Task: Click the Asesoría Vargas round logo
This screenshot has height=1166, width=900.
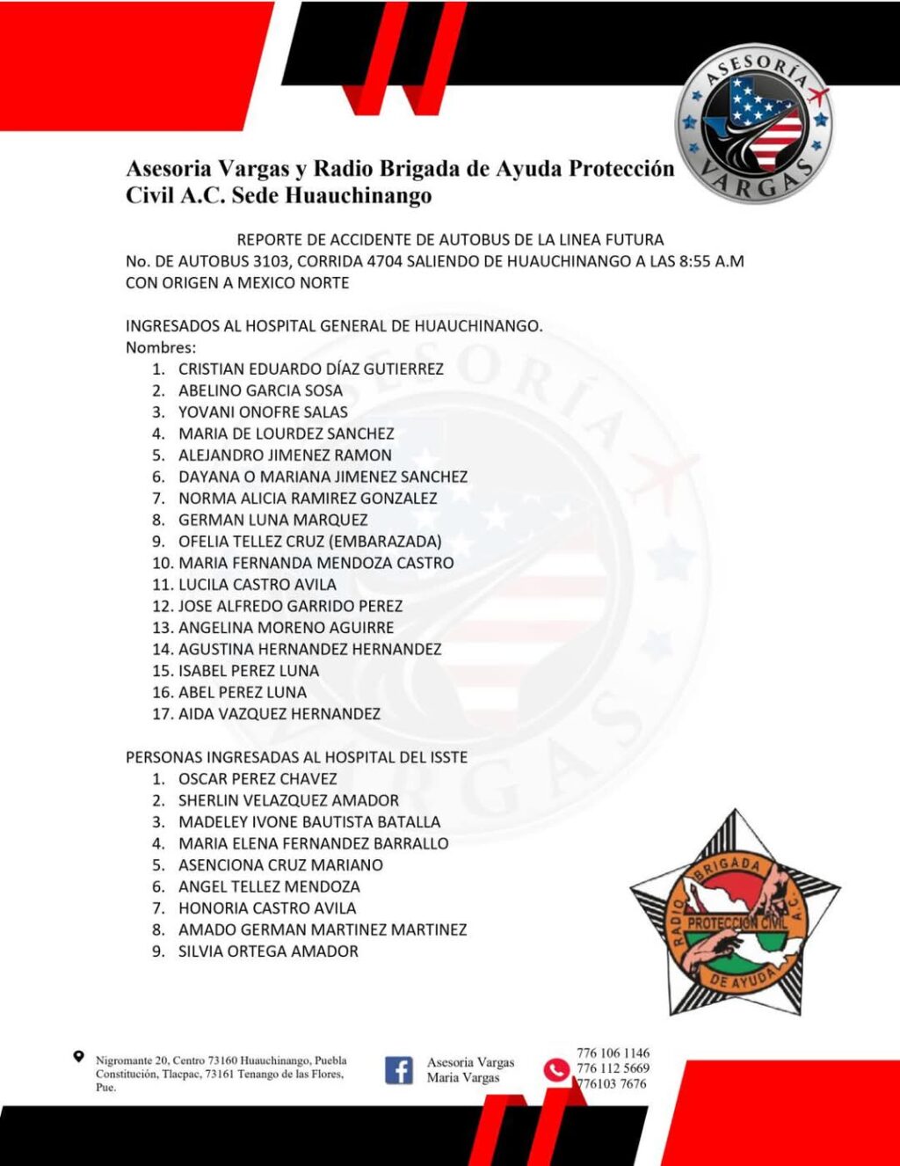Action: point(753,125)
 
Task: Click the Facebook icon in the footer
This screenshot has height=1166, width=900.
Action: point(399,1070)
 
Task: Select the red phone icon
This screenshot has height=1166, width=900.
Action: point(555,1069)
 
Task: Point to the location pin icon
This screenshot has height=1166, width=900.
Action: point(79,1057)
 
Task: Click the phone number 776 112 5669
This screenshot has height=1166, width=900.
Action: point(613,1068)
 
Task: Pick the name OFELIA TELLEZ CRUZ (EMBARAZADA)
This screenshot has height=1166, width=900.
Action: point(309,542)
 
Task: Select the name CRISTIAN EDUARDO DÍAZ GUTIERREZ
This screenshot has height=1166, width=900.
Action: point(310,369)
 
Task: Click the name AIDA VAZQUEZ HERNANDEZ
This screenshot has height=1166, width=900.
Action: point(279,714)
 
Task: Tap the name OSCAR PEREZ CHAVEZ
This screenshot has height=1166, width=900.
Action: point(258,779)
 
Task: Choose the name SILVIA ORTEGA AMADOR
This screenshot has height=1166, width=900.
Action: point(268,951)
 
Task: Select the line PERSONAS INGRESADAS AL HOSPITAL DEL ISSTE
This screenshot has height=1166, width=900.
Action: point(296,757)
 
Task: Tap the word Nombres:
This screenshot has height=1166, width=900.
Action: point(161,347)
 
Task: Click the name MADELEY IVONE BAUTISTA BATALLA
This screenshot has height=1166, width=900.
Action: point(309,822)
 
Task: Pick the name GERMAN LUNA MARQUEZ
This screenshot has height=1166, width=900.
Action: point(272,520)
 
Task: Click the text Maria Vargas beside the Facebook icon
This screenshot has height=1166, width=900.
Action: point(463,1078)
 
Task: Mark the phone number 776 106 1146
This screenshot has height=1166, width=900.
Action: point(613,1053)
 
